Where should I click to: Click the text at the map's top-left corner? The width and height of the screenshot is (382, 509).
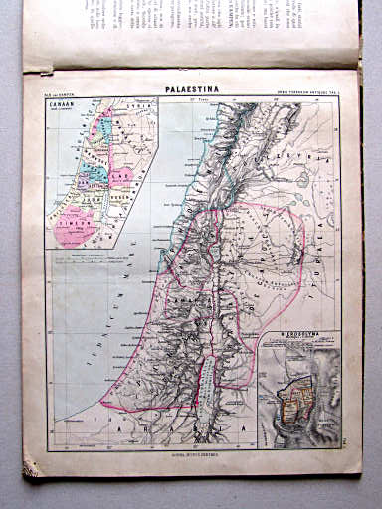tap(62, 93)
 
